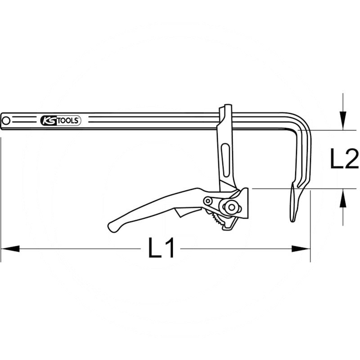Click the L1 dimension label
pyautogui.click(x=162, y=248)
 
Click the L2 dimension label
pyautogui.click(x=344, y=158)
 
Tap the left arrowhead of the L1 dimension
pyautogui.click(x=10, y=249)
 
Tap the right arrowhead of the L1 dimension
pyautogui.click(x=301, y=249)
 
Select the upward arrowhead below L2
pyautogui.click(x=343, y=198)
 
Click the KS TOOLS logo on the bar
pyautogui.click(x=61, y=121)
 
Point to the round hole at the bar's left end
pyautogui.click(x=6, y=121)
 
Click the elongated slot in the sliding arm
pyautogui.click(x=225, y=160)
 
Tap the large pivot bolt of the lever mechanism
pyautogui.click(x=231, y=207)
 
